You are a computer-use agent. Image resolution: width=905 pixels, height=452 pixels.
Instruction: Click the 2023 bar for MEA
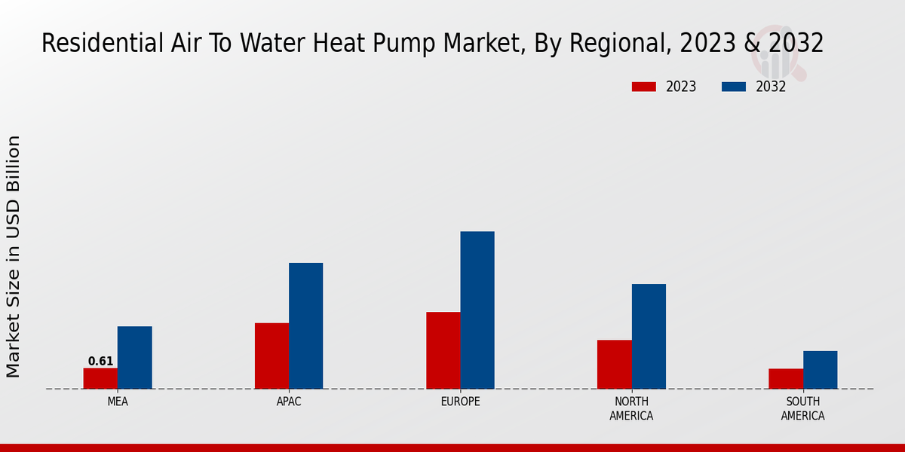100,378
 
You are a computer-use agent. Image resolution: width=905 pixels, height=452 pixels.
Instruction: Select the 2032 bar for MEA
134,357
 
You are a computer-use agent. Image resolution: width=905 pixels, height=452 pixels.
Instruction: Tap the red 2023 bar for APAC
271,356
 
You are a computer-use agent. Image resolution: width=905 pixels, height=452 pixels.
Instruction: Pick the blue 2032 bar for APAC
305,325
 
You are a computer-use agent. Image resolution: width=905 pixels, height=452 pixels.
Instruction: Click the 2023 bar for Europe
443,350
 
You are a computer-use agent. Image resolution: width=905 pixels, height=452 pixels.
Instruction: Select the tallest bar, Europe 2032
477,310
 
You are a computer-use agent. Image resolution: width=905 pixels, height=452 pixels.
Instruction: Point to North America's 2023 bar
614,364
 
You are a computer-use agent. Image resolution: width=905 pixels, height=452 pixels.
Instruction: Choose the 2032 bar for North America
649,336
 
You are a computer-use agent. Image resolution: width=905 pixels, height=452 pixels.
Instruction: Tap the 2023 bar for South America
785,378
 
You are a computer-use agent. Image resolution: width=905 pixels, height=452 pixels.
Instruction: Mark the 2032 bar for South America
820,370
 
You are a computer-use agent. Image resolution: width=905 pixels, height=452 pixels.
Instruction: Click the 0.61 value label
100,362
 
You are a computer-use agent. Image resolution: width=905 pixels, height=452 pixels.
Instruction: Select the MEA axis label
118,402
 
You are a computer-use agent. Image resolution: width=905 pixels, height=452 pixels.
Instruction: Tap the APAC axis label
289,402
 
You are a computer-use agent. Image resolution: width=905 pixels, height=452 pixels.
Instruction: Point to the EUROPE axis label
460,402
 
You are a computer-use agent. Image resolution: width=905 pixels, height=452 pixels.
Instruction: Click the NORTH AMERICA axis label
631,408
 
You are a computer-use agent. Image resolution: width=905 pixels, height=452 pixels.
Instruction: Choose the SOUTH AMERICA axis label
802,408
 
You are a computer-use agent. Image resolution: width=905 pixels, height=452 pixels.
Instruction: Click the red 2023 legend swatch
643,87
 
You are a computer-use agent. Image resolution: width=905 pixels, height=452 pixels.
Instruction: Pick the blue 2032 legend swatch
733,87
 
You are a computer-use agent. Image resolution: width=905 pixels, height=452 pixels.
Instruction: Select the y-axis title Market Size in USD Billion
14,256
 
